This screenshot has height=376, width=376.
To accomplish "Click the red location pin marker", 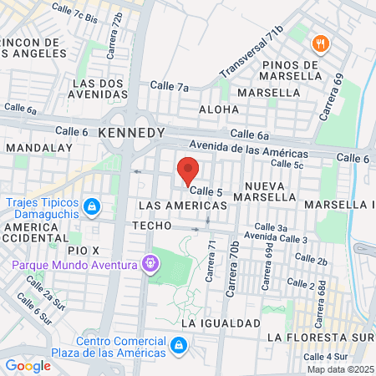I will point(188,170).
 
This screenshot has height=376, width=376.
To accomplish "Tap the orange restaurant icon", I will point(318,44).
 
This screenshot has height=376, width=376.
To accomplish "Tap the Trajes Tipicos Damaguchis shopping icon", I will point(93,206).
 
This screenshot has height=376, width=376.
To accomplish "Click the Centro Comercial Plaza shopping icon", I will point(178,345).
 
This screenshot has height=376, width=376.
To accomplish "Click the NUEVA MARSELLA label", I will point(272,191).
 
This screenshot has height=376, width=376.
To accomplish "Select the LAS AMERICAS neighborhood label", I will point(170,205).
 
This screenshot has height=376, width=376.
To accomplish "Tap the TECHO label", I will point(151,226).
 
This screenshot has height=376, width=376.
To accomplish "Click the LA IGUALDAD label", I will point(221,323).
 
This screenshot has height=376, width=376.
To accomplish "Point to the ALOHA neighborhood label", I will point(220,109).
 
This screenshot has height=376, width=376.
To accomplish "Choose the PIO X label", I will point(84,250).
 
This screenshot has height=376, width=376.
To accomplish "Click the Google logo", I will point(28,365).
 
